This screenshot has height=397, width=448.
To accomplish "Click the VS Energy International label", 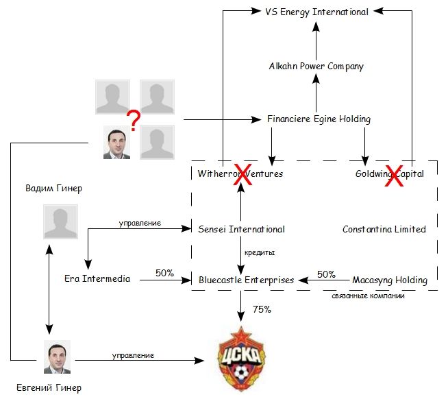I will click(x=316, y=12).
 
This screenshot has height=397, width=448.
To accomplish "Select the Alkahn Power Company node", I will click(x=316, y=67).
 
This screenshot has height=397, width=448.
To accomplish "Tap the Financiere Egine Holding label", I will click(x=319, y=119).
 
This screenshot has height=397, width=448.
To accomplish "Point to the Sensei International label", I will click(x=241, y=229).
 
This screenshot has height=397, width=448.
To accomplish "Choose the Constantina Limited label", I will click(x=384, y=229).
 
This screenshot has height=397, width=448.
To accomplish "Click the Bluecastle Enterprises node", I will click(x=246, y=280).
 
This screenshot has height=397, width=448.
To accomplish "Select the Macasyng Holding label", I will click(x=389, y=280).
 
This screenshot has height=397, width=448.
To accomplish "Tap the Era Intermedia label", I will click(x=97, y=280).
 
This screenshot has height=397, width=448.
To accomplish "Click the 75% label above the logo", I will click(x=262, y=309).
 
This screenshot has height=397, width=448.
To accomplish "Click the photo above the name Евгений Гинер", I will click(x=57, y=357).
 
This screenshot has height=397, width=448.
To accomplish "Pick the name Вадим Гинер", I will click(x=53, y=188).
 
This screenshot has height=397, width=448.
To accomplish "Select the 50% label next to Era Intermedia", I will click(x=164, y=272).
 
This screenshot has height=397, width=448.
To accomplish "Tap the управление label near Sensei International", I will click(x=140, y=223).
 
